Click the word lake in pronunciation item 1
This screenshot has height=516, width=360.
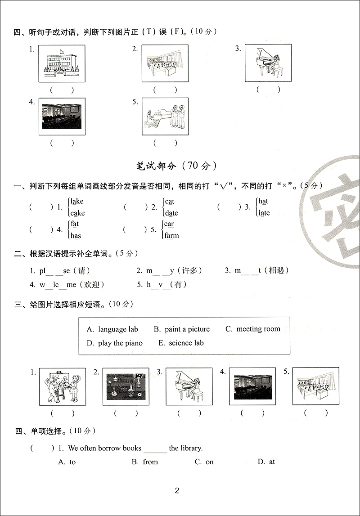click(77, 202)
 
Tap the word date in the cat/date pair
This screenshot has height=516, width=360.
click(171, 213)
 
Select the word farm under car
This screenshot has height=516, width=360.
click(171, 235)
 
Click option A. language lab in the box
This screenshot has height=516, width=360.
click(112, 329)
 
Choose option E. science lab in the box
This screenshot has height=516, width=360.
click(181, 343)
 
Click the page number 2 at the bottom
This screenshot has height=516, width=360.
click(177, 491)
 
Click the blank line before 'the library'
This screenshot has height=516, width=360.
click(155, 449)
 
